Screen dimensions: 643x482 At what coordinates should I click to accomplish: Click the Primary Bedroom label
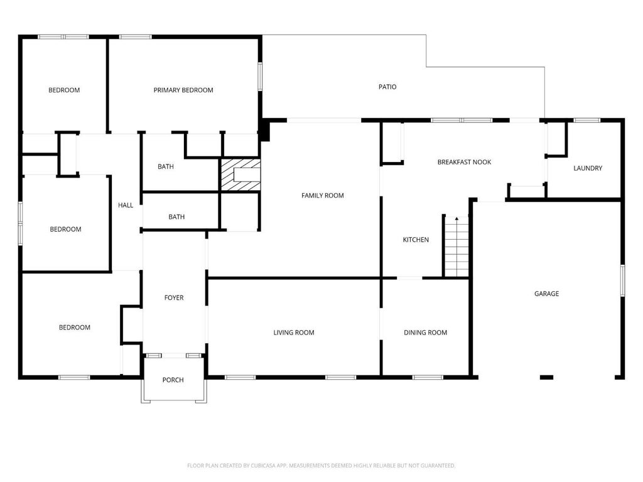pyautogui.click(x=183, y=90)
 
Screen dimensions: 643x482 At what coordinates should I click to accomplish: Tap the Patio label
pyautogui.click(x=387, y=87)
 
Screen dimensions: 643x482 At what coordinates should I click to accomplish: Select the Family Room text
pyautogui.click(x=323, y=196)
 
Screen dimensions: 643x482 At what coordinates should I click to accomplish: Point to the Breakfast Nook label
pyautogui.click(x=464, y=162)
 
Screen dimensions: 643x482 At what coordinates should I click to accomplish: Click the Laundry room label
pyautogui.click(x=588, y=168)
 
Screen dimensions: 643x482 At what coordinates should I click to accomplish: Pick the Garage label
pyautogui.click(x=547, y=294)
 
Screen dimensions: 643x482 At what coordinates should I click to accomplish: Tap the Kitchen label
pyautogui.click(x=416, y=240)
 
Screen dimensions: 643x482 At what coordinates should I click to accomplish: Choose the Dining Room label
pyautogui.click(x=425, y=333)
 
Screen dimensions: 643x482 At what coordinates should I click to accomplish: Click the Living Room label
pyautogui.click(x=294, y=333)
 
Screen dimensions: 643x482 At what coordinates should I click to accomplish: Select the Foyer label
pyautogui.click(x=174, y=297)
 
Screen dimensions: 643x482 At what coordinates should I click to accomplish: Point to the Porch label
pyautogui.click(x=173, y=380)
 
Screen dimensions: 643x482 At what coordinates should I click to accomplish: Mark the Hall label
pyautogui.click(x=126, y=205)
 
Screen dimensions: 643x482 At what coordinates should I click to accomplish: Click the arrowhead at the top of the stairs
pyautogui.click(x=457, y=219)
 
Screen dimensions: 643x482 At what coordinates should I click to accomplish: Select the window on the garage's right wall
pyautogui.click(x=622, y=281)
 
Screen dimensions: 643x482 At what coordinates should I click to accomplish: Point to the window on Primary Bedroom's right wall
pyautogui.click(x=260, y=76)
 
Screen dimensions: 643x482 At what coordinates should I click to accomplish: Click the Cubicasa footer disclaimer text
pyautogui.click(x=321, y=466)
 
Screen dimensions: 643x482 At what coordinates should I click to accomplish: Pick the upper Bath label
pyautogui.click(x=166, y=166)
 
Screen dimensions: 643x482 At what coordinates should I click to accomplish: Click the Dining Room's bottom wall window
pyautogui.click(x=428, y=377)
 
